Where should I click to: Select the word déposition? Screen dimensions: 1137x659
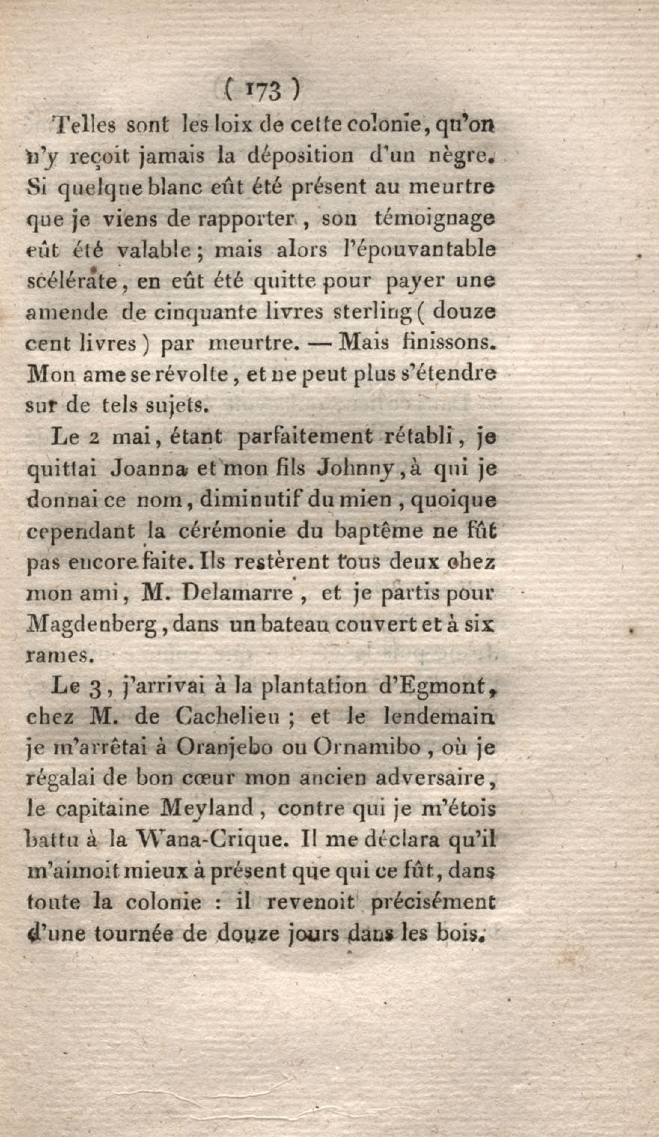tap(300, 156)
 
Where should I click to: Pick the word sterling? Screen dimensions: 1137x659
tap(371, 313)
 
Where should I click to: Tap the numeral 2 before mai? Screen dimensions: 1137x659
tap(95, 438)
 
